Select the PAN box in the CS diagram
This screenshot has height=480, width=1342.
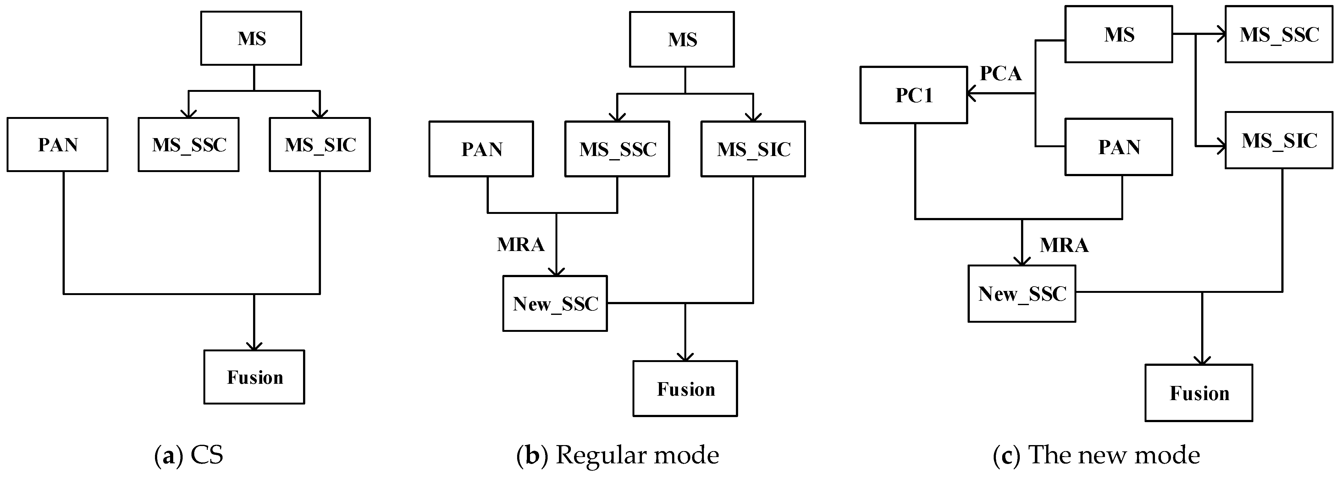[57, 144]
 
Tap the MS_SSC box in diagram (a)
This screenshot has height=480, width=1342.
[189, 144]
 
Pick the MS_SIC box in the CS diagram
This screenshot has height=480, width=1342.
[320, 144]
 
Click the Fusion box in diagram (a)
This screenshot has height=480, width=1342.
[254, 377]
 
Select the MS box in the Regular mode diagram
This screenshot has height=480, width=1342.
[682, 40]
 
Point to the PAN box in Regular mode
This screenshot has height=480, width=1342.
[481, 149]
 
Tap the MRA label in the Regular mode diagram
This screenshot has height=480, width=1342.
[521, 244]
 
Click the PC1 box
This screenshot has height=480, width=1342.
[914, 95]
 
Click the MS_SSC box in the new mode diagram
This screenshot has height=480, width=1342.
[1279, 34]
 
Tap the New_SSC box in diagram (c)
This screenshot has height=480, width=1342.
[1022, 293]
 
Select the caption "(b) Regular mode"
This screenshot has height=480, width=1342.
[618, 455]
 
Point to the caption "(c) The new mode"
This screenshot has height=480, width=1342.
[1096, 455]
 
